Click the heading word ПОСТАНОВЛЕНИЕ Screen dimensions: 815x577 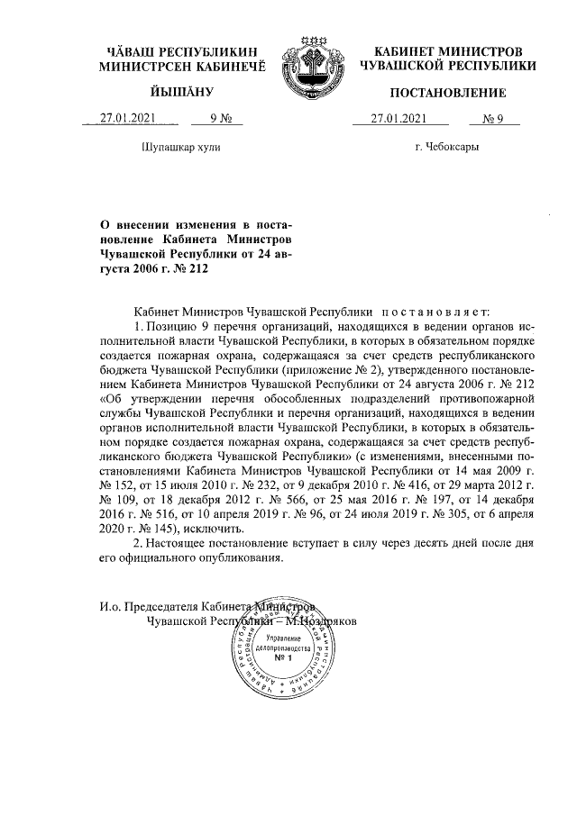coord(448,93)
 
